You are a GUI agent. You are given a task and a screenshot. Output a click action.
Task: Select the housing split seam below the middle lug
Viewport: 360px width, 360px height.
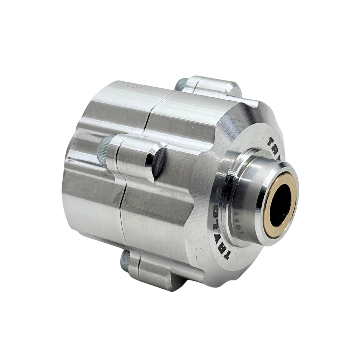pyautogui.click(x=123, y=213)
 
